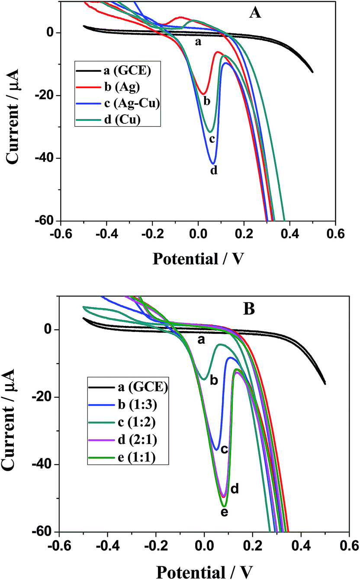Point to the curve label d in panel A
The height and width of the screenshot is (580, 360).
point(213,171)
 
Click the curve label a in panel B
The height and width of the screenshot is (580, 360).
point(200,341)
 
